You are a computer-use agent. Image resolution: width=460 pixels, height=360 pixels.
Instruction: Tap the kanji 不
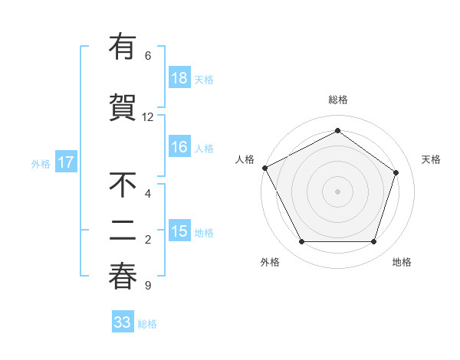pyautogui.click(x=123, y=185)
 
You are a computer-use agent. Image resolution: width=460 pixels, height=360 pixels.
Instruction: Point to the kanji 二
pyautogui.click(x=123, y=231)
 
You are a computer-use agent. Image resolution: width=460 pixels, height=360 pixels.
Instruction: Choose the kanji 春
pyautogui.click(x=123, y=277)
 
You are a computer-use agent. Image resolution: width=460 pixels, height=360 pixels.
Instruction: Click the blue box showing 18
pyautogui.click(x=179, y=78)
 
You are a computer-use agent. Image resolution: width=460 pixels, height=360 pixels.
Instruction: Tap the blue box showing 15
pyautogui.click(x=179, y=231)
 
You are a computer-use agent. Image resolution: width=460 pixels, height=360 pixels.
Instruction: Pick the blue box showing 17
pyautogui.click(x=65, y=162)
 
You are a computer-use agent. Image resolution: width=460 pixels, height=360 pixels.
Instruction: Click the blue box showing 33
pyautogui.click(x=123, y=322)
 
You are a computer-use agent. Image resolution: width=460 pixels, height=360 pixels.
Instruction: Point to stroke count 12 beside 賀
pyautogui.click(x=148, y=117)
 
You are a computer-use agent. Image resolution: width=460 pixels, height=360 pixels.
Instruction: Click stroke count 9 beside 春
pyautogui.click(x=148, y=286)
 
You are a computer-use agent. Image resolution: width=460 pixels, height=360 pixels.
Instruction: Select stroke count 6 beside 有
pyautogui.click(x=148, y=56)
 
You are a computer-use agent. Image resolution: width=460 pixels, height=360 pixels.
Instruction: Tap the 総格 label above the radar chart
pyautogui.click(x=337, y=100)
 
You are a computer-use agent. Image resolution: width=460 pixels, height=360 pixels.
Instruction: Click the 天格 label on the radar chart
pyautogui.click(x=431, y=159)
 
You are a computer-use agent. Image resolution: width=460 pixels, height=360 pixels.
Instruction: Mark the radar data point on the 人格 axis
pyautogui.click(x=264, y=168)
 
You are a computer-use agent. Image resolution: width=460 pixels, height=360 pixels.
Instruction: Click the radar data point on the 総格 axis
pyautogui.click(x=337, y=131)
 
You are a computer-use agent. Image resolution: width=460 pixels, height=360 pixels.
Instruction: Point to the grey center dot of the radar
pyautogui.click(x=337, y=191)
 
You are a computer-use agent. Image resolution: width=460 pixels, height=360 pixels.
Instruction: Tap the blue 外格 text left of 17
pyautogui.click(x=41, y=163)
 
